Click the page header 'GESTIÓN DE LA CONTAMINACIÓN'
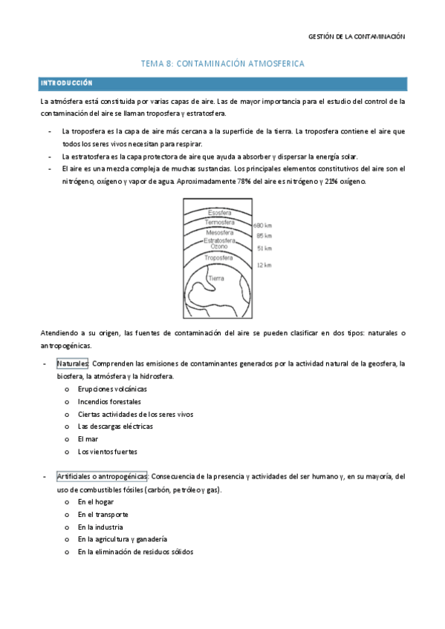point(367,36)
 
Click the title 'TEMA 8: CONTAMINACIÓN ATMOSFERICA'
point(222,65)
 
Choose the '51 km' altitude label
point(263,248)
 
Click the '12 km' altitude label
point(263,264)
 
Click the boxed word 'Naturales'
point(73,363)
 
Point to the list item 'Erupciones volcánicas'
point(107,389)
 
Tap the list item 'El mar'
point(88,439)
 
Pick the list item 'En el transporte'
point(103,514)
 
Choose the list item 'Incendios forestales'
point(104,401)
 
